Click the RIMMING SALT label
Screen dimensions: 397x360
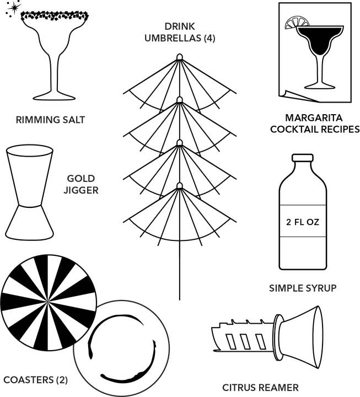point(51,120)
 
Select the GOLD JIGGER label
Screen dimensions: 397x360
point(81,184)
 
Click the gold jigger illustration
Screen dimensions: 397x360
point(30,193)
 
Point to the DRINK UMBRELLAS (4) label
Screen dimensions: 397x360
point(180,32)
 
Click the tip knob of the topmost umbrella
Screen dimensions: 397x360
point(180,57)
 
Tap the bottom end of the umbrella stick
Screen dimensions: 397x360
point(180,298)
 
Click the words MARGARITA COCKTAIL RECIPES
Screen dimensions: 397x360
point(315,124)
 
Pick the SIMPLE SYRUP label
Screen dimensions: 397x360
point(302,288)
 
